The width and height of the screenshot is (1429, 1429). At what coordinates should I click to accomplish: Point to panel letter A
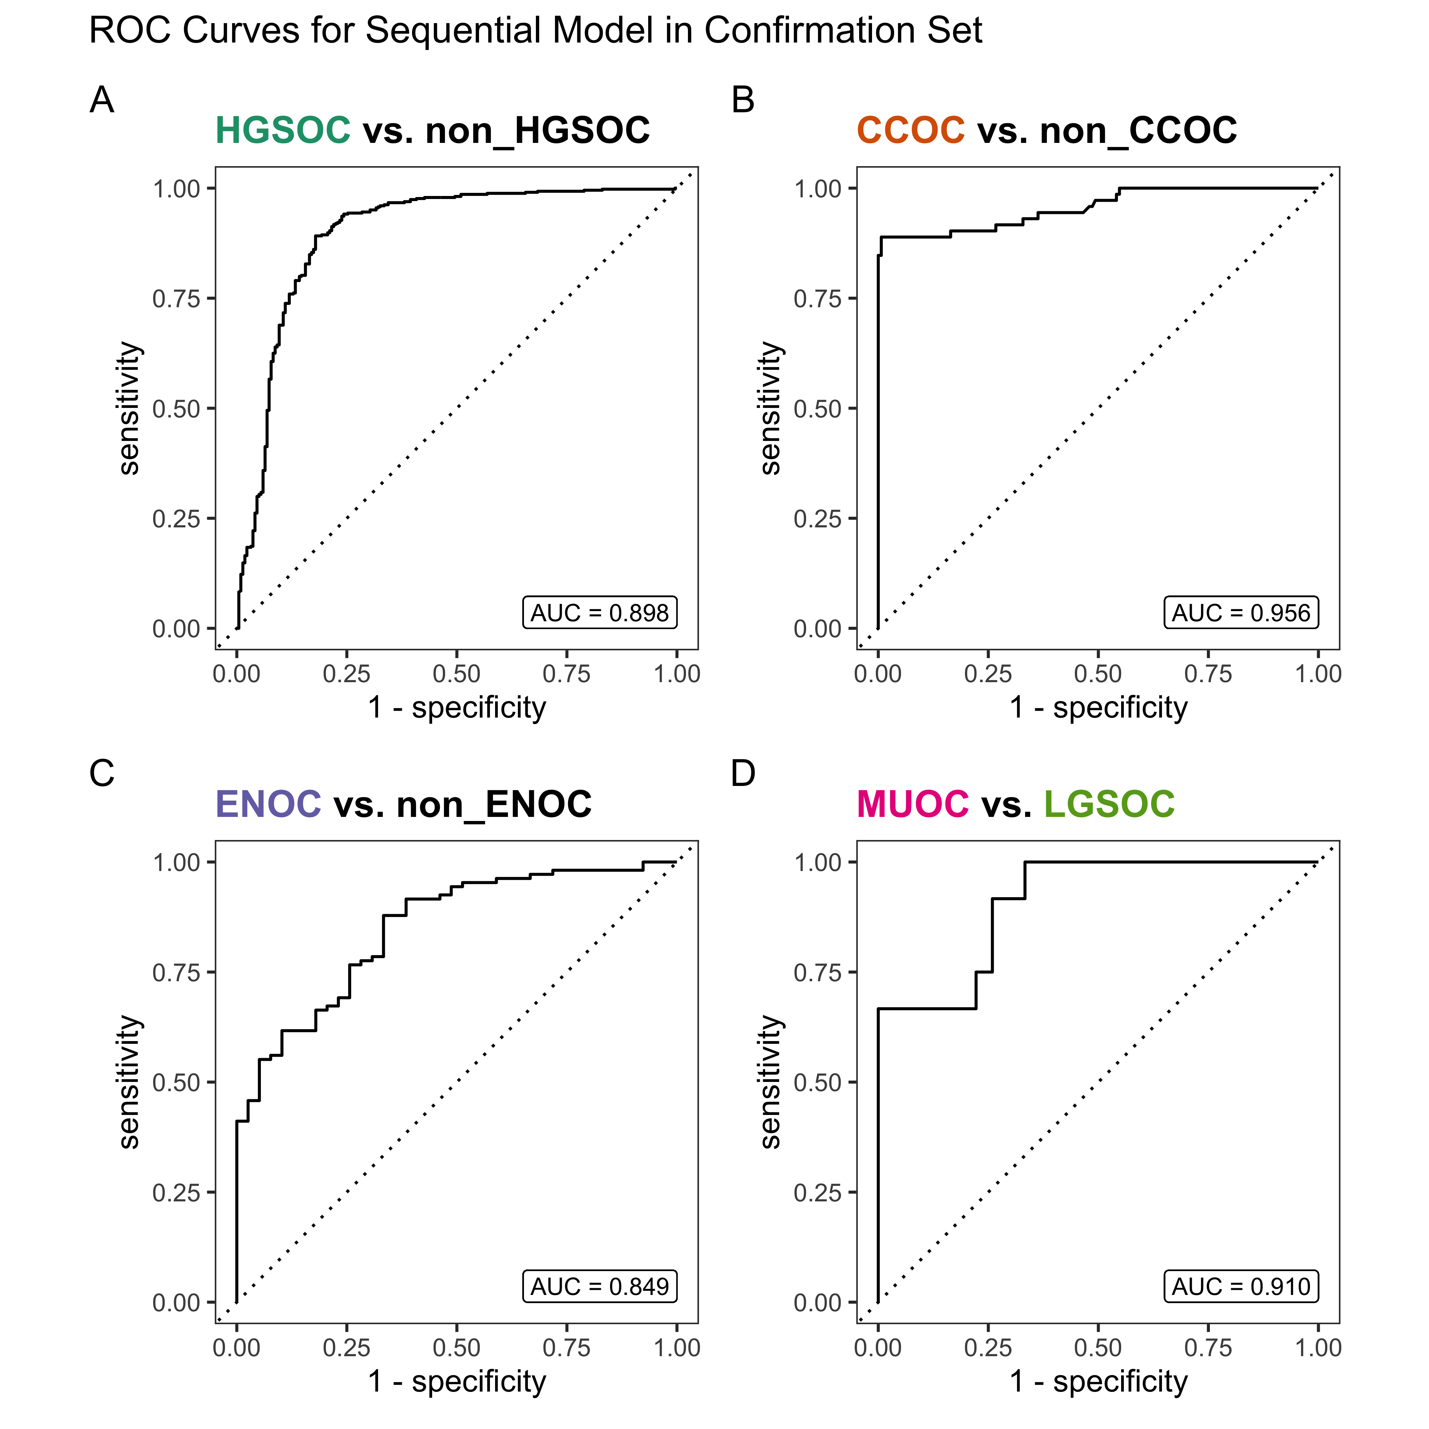pos(102,100)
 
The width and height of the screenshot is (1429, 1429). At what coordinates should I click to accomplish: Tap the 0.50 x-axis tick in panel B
pos(1098,674)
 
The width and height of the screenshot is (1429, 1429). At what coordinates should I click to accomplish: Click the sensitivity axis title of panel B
pos(771,408)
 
